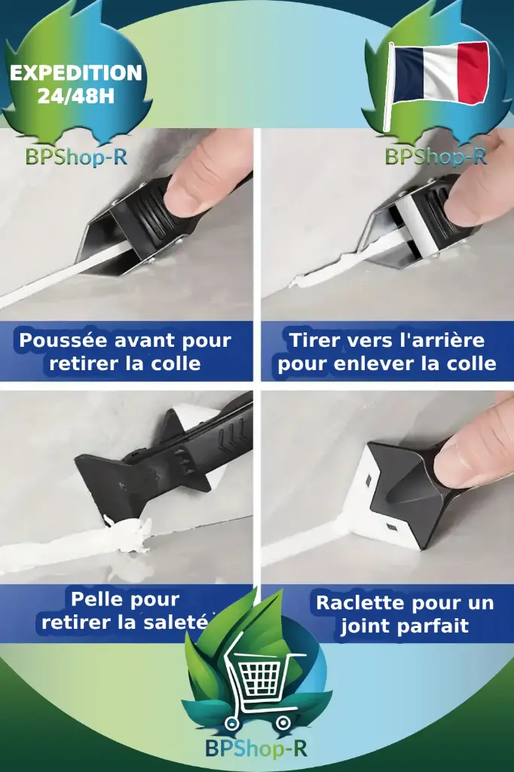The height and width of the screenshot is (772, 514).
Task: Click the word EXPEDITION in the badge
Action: pos(75,73)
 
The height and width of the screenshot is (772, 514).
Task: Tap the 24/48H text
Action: pos(75,96)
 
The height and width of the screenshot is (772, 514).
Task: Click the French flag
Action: pos(441,73)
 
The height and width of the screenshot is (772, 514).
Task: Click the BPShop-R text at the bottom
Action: pos(256,749)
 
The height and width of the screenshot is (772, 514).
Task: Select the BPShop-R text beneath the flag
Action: pos(436,157)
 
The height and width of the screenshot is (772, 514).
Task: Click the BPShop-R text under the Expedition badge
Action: pos(75,157)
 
